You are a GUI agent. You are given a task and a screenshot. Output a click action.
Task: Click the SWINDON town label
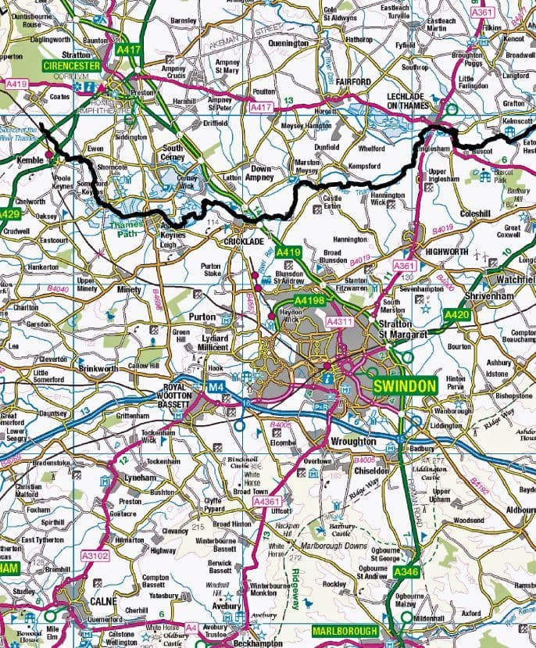404,387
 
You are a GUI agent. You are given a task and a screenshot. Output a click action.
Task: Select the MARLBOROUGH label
345,631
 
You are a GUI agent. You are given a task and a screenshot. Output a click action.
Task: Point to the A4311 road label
341,321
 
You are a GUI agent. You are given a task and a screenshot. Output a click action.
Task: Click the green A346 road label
406,573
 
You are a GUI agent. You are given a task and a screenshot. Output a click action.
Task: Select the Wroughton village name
353,442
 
